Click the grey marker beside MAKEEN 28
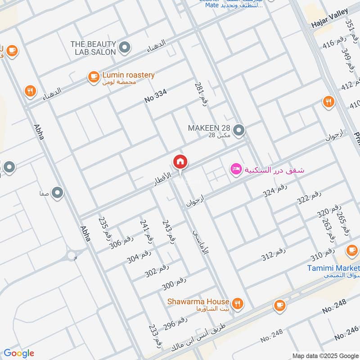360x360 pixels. click(239, 130)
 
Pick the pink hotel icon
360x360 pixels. click(235, 170)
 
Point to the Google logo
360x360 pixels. click(19, 353)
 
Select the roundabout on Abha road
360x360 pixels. click(72, 256)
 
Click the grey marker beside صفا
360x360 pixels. click(57, 193)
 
